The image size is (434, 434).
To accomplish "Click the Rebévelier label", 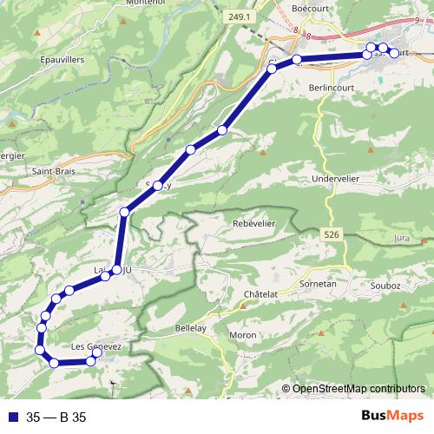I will [x=254, y=223].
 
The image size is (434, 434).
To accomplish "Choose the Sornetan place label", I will [x=318, y=283].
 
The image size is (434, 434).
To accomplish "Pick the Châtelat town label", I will [x=260, y=294].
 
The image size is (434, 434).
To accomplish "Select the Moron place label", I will [x=242, y=334].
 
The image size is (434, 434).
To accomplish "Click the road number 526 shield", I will [x=330, y=235].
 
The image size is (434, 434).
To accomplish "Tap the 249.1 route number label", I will [x=240, y=16].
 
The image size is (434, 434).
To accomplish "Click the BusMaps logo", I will [x=393, y=416].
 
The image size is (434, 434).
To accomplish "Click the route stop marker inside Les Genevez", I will [x=97, y=352].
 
